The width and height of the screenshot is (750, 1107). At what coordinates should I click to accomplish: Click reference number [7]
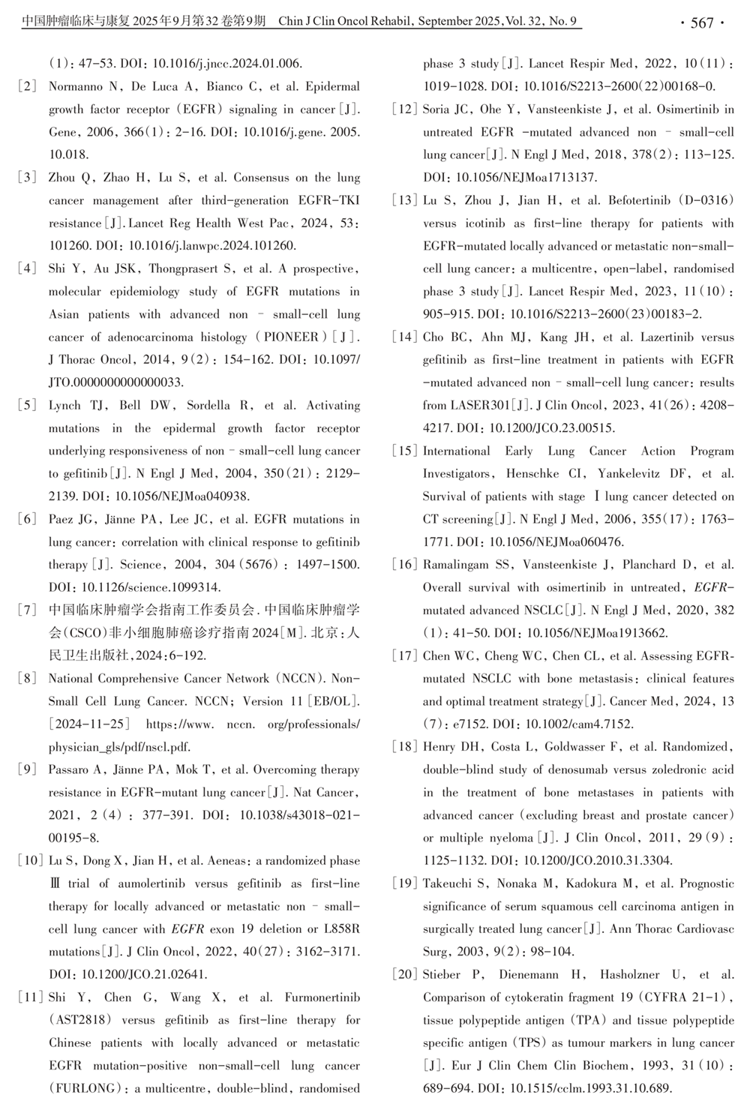(x=27, y=610)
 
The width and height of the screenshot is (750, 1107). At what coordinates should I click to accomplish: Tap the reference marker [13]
(x=404, y=200)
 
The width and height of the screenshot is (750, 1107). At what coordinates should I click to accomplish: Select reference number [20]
(x=404, y=974)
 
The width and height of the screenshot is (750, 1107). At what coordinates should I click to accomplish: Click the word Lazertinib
(x=666, y=337)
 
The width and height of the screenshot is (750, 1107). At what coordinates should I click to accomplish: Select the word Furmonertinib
(x=322, y=997)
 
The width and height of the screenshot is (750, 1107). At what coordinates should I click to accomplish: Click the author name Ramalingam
(x=455, y=565)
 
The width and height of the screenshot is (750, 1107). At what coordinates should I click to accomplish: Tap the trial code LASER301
(x=480, y=406)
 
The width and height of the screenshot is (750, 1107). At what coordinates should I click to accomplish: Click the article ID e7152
(x=466, y=724)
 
